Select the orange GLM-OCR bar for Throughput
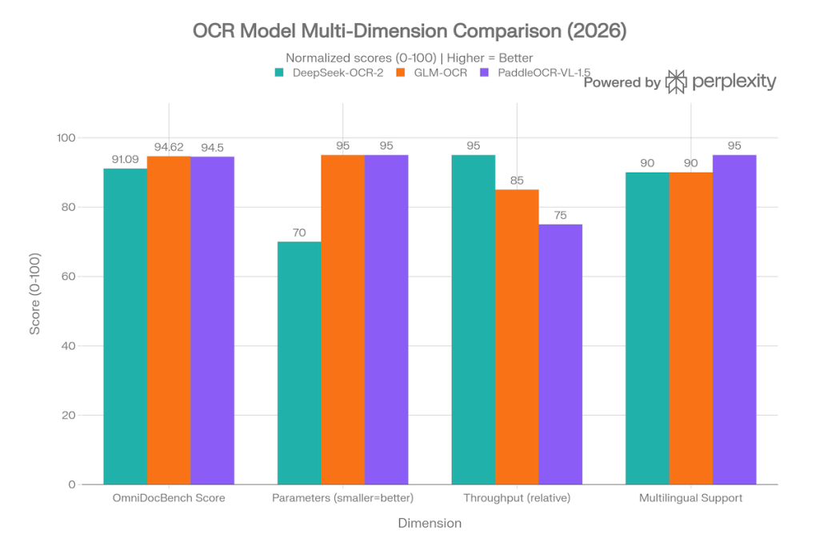tap(517, 337)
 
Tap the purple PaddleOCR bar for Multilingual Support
tap(734, 320)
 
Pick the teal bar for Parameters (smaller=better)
tap(299, 363)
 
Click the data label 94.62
tap(169, 146)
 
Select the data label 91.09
tap(126, 159)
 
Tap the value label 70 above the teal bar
tap(299, 233)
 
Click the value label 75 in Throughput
tap(561, 215)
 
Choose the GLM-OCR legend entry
tap(438, 73)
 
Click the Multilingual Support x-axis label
tap(691, 498)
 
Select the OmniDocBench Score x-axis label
tap(169, 498)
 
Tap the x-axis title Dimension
tap(429, 524)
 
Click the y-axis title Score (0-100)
tap(35, 293)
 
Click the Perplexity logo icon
tap(677, 82)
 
